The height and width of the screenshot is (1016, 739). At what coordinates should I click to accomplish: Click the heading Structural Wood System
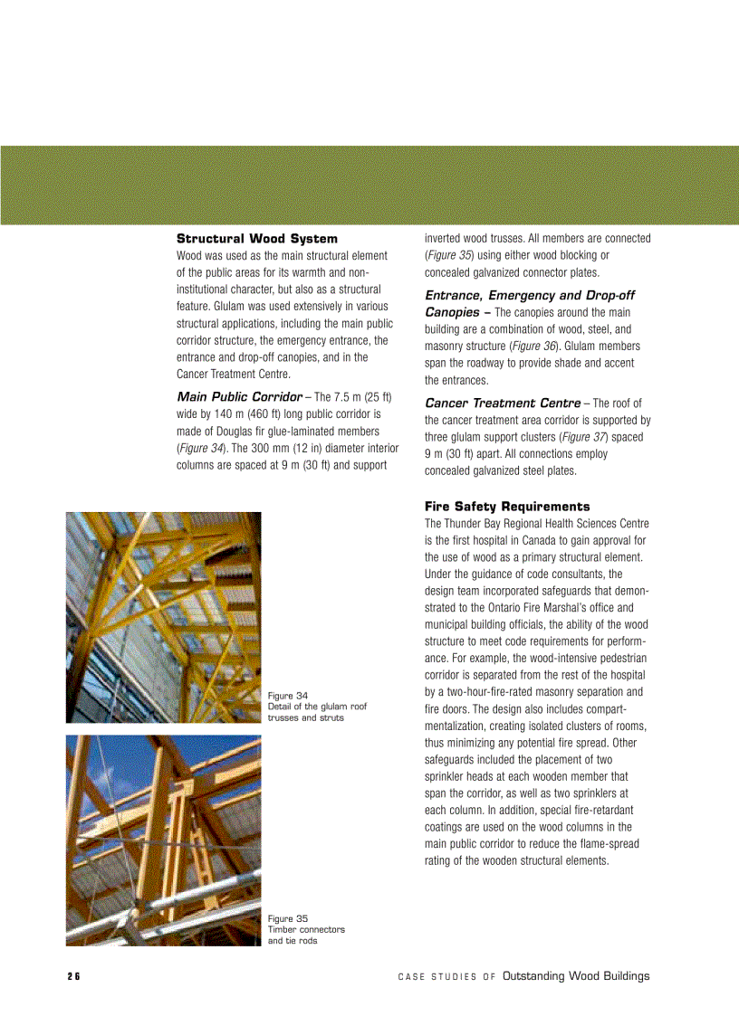click(256, 239)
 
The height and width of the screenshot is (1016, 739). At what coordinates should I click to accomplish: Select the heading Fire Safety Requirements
click(507, 507)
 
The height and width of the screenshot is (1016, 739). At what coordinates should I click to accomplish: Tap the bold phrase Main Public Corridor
click(239, 397)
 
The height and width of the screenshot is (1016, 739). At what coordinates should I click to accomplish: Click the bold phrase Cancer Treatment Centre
click(503, 403)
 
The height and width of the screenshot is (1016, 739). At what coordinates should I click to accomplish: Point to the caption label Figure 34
click(287, 696)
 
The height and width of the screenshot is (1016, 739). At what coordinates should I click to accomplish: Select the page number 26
click(73, 976)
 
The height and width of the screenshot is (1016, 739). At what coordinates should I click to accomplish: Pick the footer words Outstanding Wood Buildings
click(576, 976)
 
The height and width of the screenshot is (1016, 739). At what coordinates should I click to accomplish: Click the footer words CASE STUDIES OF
click(446, 977)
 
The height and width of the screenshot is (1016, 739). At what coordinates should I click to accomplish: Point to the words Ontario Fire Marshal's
click(535, 608)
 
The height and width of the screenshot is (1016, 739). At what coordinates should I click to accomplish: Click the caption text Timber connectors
click(306, 930)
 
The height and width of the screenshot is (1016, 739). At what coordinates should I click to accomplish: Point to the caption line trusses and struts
click(305, 717)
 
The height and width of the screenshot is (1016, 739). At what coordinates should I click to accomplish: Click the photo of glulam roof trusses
click(163, 617)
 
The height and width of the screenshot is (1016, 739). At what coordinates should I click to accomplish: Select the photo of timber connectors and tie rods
click(163, 840)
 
